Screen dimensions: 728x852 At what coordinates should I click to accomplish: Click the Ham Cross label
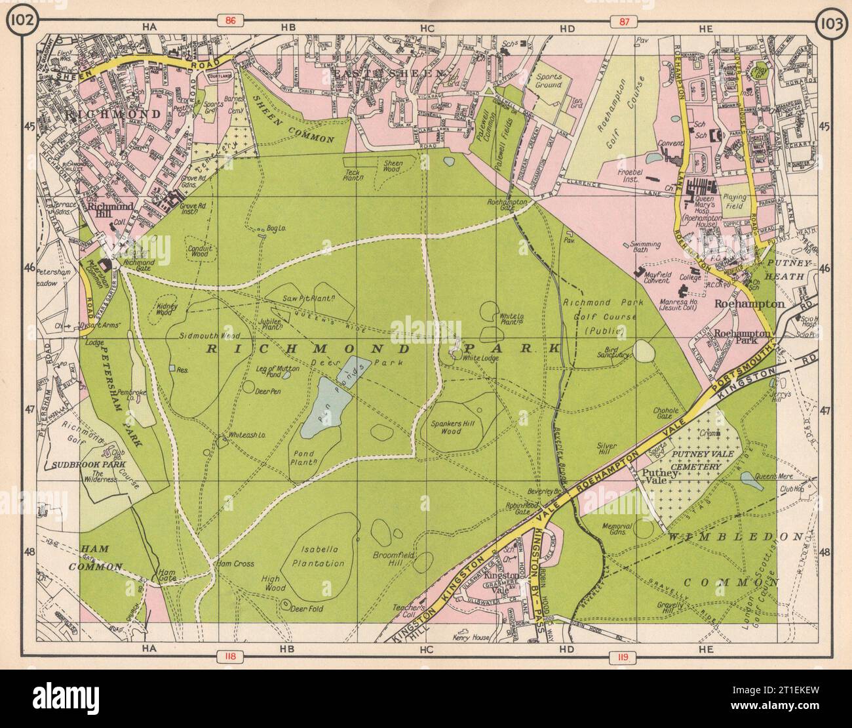click(234, 563)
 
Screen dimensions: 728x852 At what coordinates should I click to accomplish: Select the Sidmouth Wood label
click(203, 334)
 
